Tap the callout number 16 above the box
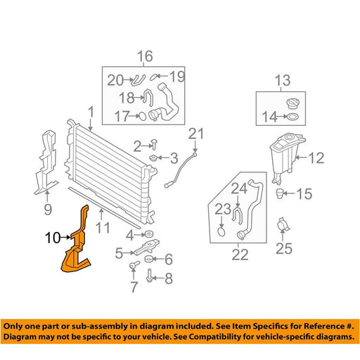click(145, 56)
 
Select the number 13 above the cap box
click(283, 80)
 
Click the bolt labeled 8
click(149, 275)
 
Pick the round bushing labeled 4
click(148, 234)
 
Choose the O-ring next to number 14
click(292, 116)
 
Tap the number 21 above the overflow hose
click(196, 134)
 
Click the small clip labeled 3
click(153, 157)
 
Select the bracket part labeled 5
click(146, 247)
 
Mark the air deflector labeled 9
click(47, 162)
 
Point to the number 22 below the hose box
click(240, 255)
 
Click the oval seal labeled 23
click(221, 231)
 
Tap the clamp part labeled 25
click(283, 225)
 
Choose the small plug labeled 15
click(279, 193)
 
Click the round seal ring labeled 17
click(143, 116)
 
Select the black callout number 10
click(53, 238)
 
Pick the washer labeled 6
click(148, 259)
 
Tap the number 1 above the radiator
click(91, 112)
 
